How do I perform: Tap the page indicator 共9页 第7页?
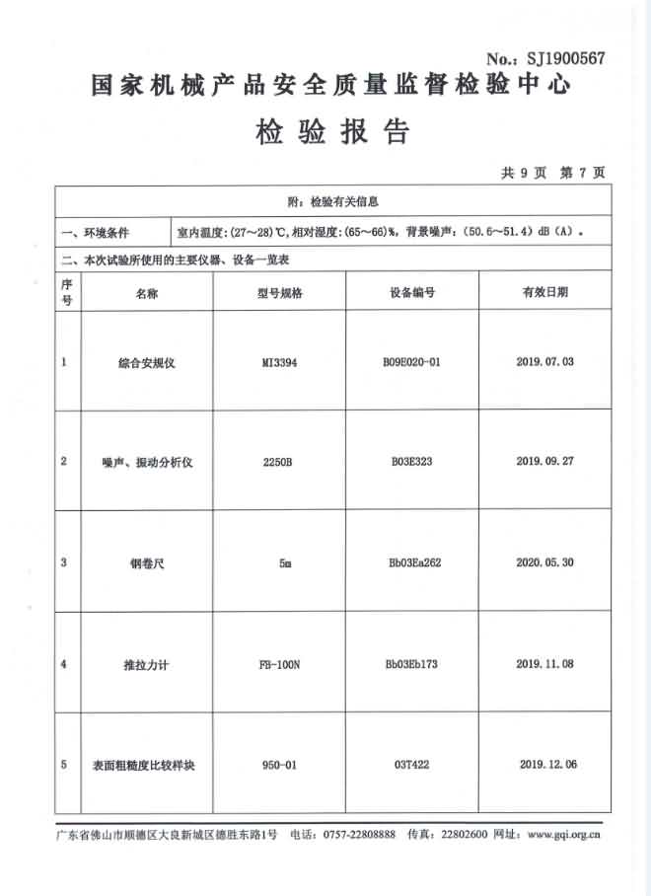[x=553, y=173]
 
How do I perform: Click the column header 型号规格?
[x=279, y=293]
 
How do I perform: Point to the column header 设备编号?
[x=412, y=293]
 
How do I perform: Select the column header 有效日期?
[x=544, y=292]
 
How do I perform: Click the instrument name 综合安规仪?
[x=146, y=362]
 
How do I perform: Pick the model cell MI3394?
[x=279, y=362]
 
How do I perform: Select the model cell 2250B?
[x=279, y=462]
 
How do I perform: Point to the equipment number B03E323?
[x=411, y=461]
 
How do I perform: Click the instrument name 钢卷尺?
[x=146, y=563]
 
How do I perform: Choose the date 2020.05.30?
[x=544, y=562]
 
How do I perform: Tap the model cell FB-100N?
[x=279, y=664]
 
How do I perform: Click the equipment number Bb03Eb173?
[x=411, y=664]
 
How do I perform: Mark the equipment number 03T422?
[x=411, y=764]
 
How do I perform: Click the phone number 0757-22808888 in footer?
[x=359, y=835]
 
